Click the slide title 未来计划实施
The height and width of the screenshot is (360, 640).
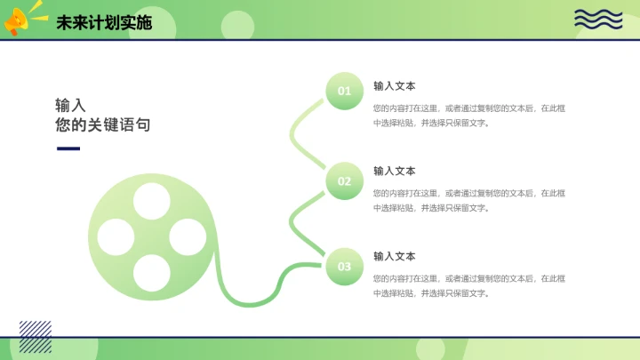(x=104, y=23)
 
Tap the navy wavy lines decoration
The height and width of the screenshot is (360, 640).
(x=597, y=20)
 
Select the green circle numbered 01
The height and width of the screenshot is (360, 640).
(x=344, y=91)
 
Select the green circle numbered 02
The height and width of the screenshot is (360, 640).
(x=344, y=182)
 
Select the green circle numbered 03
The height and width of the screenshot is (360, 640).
(x=344, y=267)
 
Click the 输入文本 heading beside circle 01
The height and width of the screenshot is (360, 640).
(x=394, y=86)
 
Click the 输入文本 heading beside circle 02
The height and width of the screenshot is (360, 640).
(x=394, y=171)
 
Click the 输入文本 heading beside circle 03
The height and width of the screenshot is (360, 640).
(x=394, y=256)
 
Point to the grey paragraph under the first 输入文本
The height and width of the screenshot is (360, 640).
(x=469, y=116)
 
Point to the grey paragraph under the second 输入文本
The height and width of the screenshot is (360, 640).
(x=469, y=200)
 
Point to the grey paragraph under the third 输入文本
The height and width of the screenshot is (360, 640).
(x=469, y=285)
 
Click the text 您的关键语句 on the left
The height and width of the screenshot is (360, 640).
(x=102, y=125)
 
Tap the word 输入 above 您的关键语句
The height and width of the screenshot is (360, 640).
(x=70, y=105)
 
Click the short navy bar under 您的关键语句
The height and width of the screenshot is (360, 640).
(x=68, y=148)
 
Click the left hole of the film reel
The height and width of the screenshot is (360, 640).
(x=116, y=236)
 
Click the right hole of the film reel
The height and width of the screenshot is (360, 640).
(x=185, y=236)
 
